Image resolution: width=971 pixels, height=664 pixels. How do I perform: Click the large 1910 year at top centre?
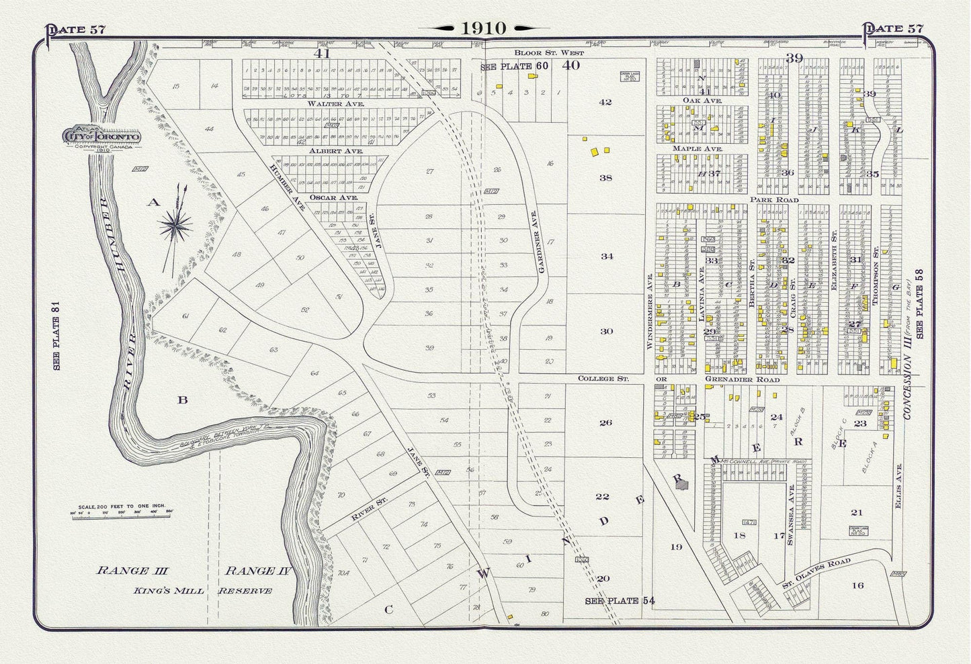point(484,28)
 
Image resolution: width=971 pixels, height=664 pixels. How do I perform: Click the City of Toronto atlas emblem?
point(101,136)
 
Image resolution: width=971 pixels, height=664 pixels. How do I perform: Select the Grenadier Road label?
point(742,379)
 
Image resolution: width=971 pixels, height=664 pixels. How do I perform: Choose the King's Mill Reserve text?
point(185,591)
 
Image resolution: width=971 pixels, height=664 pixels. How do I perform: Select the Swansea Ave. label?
point(792,509)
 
